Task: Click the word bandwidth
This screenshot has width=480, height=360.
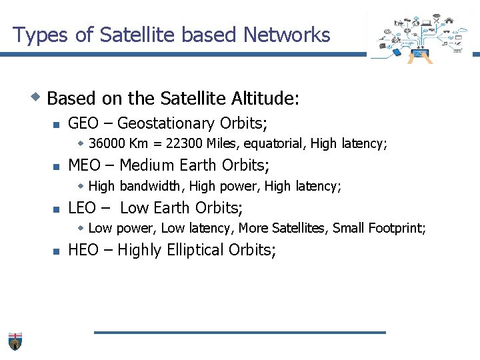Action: [151, 186]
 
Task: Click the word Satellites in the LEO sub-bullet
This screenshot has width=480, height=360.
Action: [300, 228]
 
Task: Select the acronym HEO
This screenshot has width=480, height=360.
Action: [83, 250]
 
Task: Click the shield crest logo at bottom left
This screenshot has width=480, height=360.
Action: [15, 341]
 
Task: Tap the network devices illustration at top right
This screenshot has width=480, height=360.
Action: [420, 37]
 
